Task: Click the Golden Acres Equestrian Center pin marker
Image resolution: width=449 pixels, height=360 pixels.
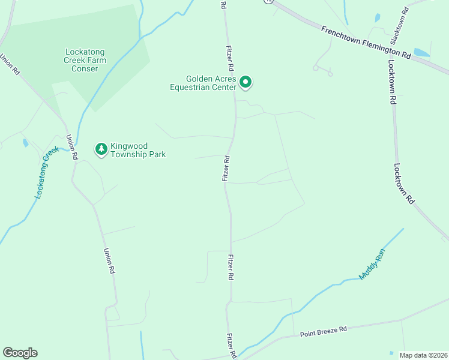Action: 245,82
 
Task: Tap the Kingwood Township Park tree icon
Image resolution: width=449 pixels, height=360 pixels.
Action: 101,149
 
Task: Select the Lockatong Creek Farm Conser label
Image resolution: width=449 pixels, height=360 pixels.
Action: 85,60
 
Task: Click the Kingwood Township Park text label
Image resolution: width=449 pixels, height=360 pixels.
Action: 138,150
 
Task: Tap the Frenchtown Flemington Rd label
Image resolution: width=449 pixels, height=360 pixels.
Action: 365,42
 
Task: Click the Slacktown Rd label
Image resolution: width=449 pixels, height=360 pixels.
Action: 400,25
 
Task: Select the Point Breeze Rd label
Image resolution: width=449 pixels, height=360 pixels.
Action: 324,329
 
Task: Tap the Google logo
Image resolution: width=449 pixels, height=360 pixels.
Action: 20,353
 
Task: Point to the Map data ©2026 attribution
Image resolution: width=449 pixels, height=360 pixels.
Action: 424,355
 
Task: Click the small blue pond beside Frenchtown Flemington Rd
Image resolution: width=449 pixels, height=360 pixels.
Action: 422,53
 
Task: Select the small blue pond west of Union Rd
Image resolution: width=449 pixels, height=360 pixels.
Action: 25,143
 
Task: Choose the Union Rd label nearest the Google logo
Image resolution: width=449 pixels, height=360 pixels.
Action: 109,262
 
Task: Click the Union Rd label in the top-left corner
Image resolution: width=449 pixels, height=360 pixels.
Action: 10,64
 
